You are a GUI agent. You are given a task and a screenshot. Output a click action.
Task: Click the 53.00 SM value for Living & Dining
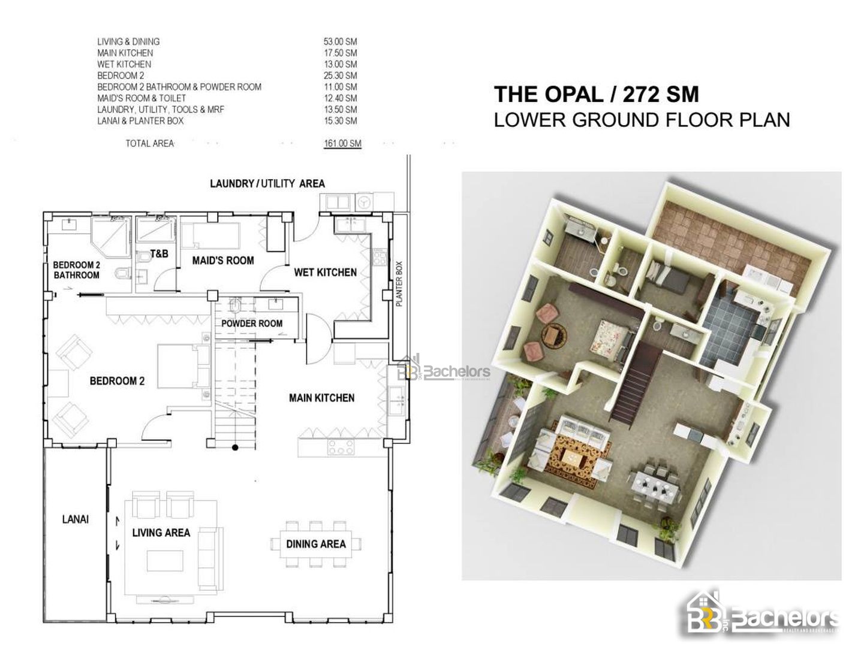[x=340, y=41]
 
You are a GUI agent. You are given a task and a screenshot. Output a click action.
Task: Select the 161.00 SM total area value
[x=342, y=143]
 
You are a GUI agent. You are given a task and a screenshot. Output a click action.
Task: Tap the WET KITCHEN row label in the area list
[x=124, y=64]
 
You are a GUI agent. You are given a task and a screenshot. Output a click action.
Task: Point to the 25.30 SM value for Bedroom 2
[x=340, y=75]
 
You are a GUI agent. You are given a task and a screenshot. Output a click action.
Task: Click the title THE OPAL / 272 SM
[x=596, y=95]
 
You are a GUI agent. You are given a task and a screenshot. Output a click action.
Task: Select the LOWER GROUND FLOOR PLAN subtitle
[x=642, y=120]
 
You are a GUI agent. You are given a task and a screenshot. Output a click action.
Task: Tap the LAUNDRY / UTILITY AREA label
[x=267, y=183]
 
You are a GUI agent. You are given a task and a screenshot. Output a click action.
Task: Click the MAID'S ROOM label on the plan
[x=223, y=261]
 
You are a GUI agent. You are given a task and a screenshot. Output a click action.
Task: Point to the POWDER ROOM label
[x=252, y=323]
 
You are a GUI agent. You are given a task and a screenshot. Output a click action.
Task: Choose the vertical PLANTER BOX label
[x=399, y=284]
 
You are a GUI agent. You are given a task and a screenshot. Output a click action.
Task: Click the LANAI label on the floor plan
[x=76, y=519]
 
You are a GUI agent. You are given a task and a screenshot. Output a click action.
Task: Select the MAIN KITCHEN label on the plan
[x=321, y=398]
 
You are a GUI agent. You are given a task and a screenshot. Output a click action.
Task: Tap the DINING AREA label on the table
[x=316, y=545]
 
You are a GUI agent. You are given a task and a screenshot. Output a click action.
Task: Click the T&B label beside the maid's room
[x=159, y=253]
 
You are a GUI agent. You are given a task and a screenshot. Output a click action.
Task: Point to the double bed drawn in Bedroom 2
[x=183, y=367]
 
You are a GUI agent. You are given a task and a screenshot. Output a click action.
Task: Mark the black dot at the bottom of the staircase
[x=235, y=447]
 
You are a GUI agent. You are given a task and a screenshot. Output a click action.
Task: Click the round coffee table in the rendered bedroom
[x=554, y=335]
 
